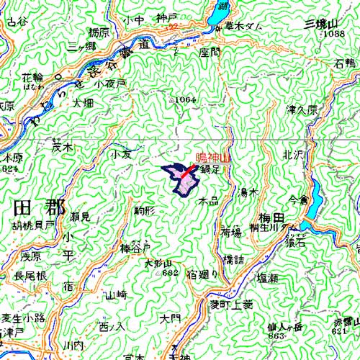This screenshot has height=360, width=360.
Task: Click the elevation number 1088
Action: click(x=333, y=34)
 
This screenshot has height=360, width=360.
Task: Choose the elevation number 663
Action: click(x=276, y=336)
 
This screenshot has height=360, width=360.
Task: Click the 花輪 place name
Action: click(x=32, y=76)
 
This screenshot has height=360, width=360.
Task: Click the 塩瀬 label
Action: click(x=267, y=277)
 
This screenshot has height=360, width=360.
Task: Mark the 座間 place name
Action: click(x=209, y=53)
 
